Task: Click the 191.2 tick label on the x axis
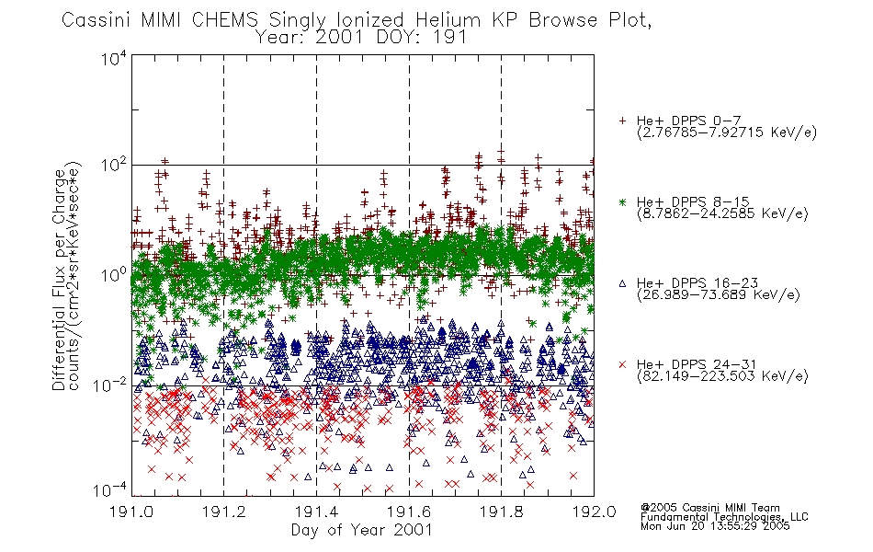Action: (x=224, y=512)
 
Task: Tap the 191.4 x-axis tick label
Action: (x=316, y=512)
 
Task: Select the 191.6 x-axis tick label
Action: (x=409, y=512)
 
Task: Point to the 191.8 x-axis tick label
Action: (x=501, y=512)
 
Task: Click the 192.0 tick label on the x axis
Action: (x=594, y=512)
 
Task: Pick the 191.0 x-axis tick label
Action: (x=131, y=512)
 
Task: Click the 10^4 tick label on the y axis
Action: (x=114, y=58)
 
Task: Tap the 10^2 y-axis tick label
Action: (x=114, y=166)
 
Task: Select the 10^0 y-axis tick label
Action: (x=114, y=275)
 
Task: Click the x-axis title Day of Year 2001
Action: (x=362, y=530)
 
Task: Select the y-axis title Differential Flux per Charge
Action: (x=60, y=280)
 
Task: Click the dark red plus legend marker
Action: (x=622, y=121)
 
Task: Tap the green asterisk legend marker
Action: (x=622, y=201)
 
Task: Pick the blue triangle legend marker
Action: (x=622, y=283)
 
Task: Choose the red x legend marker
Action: (x=622, y=364)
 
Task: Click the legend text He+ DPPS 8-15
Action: (x=693, y=201)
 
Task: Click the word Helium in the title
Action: (x=448, y=20)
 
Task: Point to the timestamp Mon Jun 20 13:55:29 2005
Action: (x=715, y=526)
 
